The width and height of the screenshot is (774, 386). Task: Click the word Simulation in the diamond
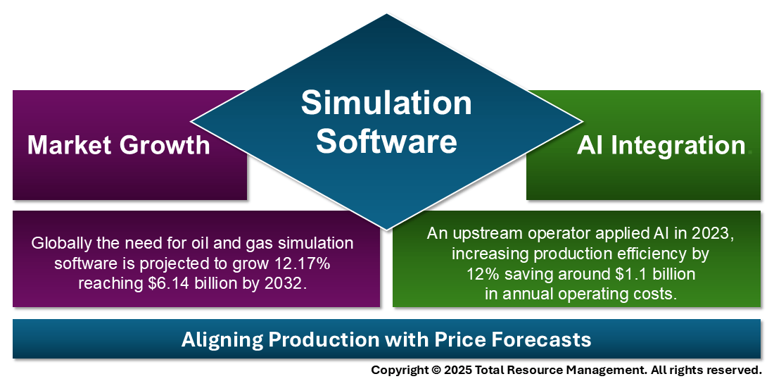(386, 103)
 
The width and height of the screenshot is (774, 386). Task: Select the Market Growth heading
(118, 145)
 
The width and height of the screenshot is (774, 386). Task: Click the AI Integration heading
(661, 145)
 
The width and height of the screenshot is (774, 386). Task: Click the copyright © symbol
(436, 370)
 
